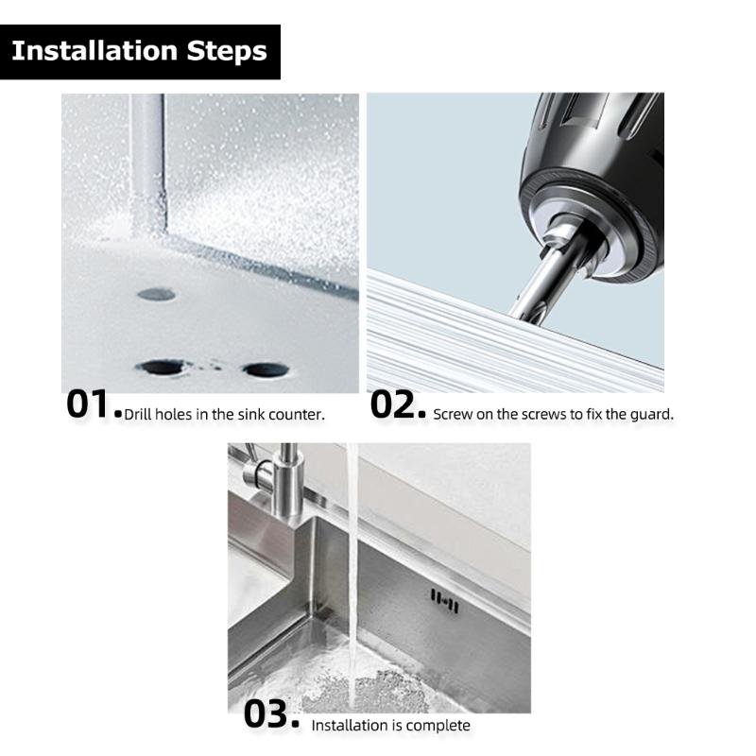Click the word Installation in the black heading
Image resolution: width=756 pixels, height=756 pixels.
[87, 50]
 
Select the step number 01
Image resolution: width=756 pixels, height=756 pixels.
[90, 404]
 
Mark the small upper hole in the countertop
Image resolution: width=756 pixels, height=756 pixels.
[156, 294]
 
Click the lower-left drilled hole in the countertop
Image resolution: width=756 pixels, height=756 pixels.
[163, 367]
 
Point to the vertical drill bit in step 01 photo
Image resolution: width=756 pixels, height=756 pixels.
[147, 161]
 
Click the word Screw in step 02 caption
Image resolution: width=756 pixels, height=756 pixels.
[452, 415]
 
